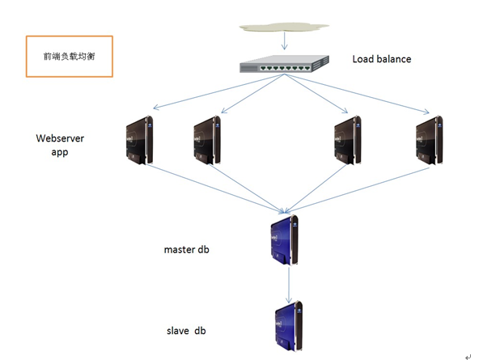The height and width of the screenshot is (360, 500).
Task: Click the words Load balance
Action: coord(381,59)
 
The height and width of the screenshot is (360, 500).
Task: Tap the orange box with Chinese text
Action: coord(69,56)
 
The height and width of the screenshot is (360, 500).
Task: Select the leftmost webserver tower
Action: coord(139,141)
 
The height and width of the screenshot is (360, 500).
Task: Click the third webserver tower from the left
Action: coord(346,141)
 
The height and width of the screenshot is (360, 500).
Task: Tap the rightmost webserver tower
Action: coord(429,141)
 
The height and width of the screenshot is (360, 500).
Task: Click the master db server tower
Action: coord(285,239)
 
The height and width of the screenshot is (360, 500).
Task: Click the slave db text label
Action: coord(186,331)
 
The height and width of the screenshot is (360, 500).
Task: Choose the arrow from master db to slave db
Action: coord(289,284)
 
